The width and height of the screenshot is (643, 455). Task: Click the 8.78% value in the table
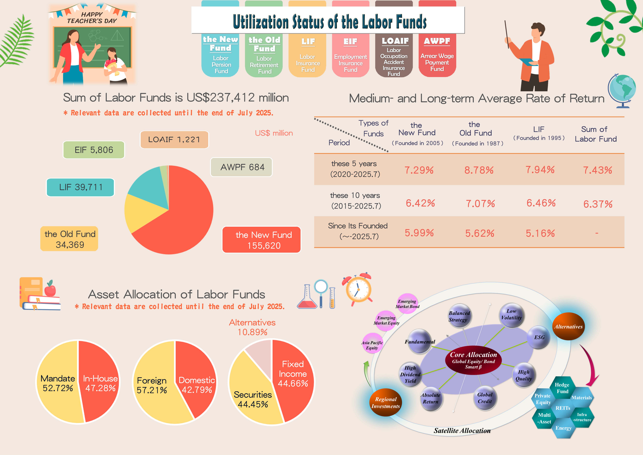click(479, 170)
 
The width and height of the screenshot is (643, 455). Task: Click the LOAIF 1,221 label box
click(174, 140)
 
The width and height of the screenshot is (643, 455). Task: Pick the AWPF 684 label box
click(241, 167)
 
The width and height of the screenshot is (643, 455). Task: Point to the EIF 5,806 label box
click(94, 150)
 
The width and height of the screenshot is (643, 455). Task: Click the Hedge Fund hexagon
click(562, 388)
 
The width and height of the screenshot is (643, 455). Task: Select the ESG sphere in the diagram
click(539, 337)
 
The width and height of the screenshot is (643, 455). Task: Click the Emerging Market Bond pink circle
click(407, 304)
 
